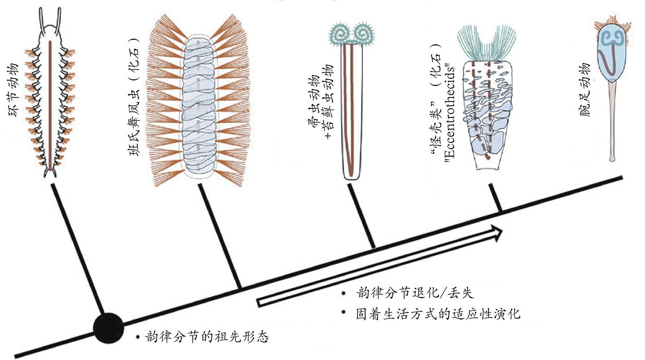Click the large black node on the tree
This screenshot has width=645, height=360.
pos(108,328)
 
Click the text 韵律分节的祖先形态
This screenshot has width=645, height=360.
pos(207,337)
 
